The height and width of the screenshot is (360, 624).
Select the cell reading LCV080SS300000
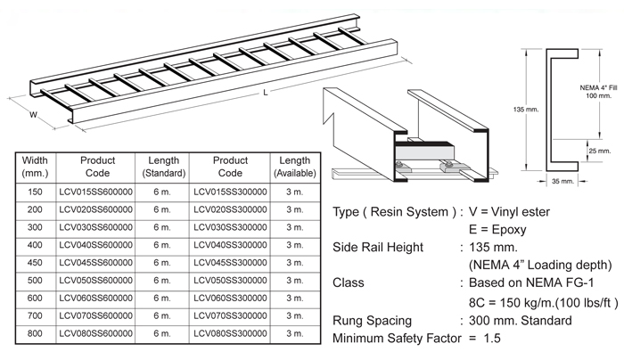tap(230, 334)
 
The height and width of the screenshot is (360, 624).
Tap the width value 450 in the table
tap(35, 262)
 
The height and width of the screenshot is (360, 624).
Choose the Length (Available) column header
tap(294, 167)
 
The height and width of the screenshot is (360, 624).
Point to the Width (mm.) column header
tap(35, 167)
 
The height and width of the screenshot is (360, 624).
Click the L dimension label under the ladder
tap(266, 92)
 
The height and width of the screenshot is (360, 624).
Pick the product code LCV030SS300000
tap(230, 225)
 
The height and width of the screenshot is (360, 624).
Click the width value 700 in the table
tap(35, 315)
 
